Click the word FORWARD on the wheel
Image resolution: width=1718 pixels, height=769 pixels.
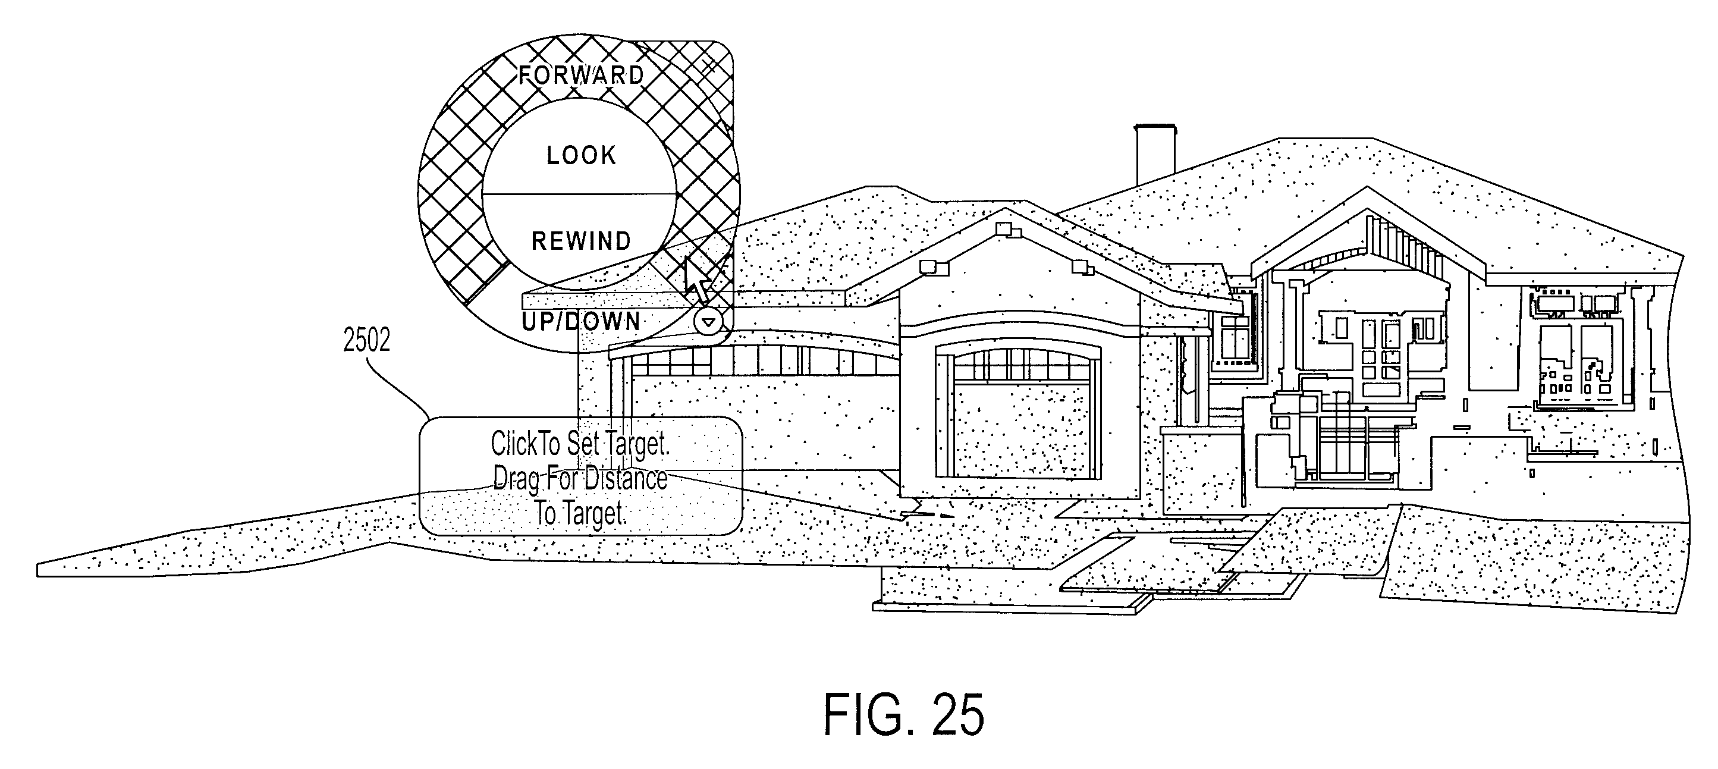[x=582, y=75]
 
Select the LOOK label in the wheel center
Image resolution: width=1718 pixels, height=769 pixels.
[x=582, y=155]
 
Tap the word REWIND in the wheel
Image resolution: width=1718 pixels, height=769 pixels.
[x=581, y=241]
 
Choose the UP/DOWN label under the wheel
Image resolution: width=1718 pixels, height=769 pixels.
[x=580, y=322]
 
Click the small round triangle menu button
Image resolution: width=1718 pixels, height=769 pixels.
[x=708, y=323]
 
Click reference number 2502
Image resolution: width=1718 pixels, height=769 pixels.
[x=366, y=340]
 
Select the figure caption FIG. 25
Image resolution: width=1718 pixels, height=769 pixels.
[x=904, y=714]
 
